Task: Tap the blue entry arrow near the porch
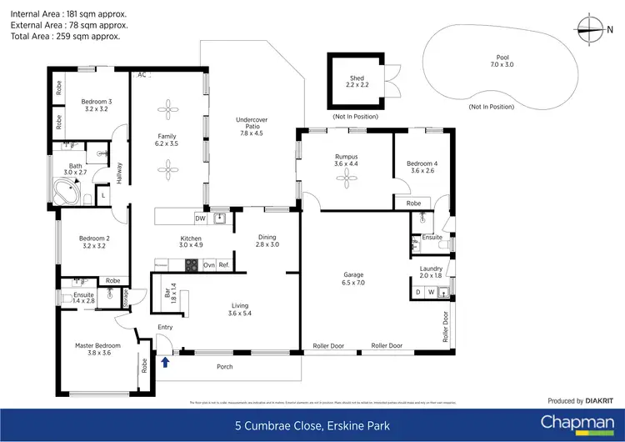point(164,361)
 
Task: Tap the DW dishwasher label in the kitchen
point(200,218)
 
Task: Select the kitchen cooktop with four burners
point(190,265)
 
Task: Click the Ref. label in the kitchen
point(223,265)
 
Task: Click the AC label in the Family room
point(142,75)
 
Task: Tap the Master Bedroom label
point(97,349)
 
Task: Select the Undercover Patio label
point(251,126)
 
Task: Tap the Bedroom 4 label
point(421,166)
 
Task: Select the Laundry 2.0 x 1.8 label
point(431,271)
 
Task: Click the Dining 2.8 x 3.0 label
point(267,240)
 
